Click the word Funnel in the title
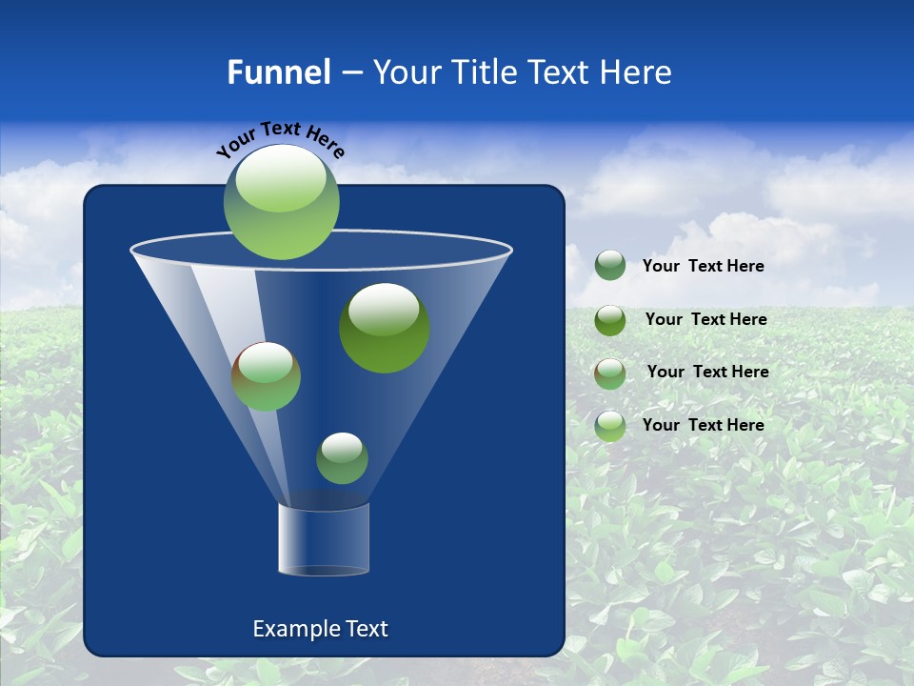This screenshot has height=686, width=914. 278,72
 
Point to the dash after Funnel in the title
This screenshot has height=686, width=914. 350,73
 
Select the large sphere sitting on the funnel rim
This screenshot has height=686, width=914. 282,201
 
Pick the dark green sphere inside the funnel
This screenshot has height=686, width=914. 385,328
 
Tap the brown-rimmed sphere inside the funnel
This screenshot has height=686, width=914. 267,376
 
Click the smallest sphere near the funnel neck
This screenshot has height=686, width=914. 342,458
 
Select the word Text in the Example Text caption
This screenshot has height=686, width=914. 368,629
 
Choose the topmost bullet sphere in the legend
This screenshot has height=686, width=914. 610,266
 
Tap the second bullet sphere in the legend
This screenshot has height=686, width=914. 610,320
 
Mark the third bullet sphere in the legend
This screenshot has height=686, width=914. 610,373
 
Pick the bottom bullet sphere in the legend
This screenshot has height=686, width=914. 610,426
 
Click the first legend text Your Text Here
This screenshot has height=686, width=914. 704,267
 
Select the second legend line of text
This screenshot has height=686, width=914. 706,320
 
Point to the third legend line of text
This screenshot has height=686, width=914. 708,373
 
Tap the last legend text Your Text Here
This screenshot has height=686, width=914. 704,425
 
